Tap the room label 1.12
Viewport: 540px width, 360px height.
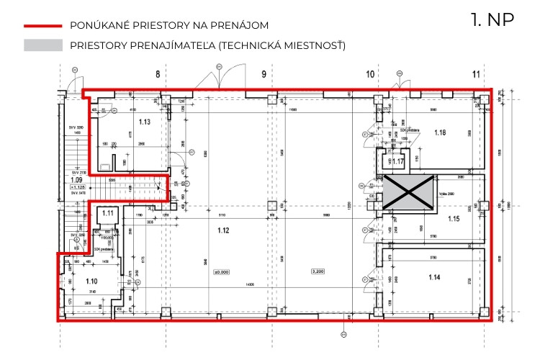pyautogui.click(x=222, y=230)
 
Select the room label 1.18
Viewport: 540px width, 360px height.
pyautogui.click(x=440, y=132)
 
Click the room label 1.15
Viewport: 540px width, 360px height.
pyautogui.click(x=453, y=218)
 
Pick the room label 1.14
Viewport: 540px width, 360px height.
pyautogui.click(x=434, y=277)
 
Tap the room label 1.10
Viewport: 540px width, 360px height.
pyautogui.click(x=91, y=282)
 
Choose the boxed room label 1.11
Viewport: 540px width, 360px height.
pyautogui.click(x=108, y=213)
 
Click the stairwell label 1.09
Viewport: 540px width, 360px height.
pyautogui.click(x=76, y=180)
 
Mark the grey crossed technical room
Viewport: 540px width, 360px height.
pyautogui.click(x=408, y=193)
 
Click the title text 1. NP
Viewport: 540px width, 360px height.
pyautogui.click(x=492, y=19)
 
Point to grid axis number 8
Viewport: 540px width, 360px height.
pyautogui.click(x=157, y=73)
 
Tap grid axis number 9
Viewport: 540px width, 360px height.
pyautogui.click(x=264, y=73)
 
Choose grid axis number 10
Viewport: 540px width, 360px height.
pyautogui.click(x=370, y=73)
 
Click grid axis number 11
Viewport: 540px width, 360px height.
pyautogui.click(x=476, y=73)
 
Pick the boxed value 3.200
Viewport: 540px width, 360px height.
pyautogui.click(x=317, y=271)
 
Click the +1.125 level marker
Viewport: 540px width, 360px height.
pyautogui.click(x=77, y=186)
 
